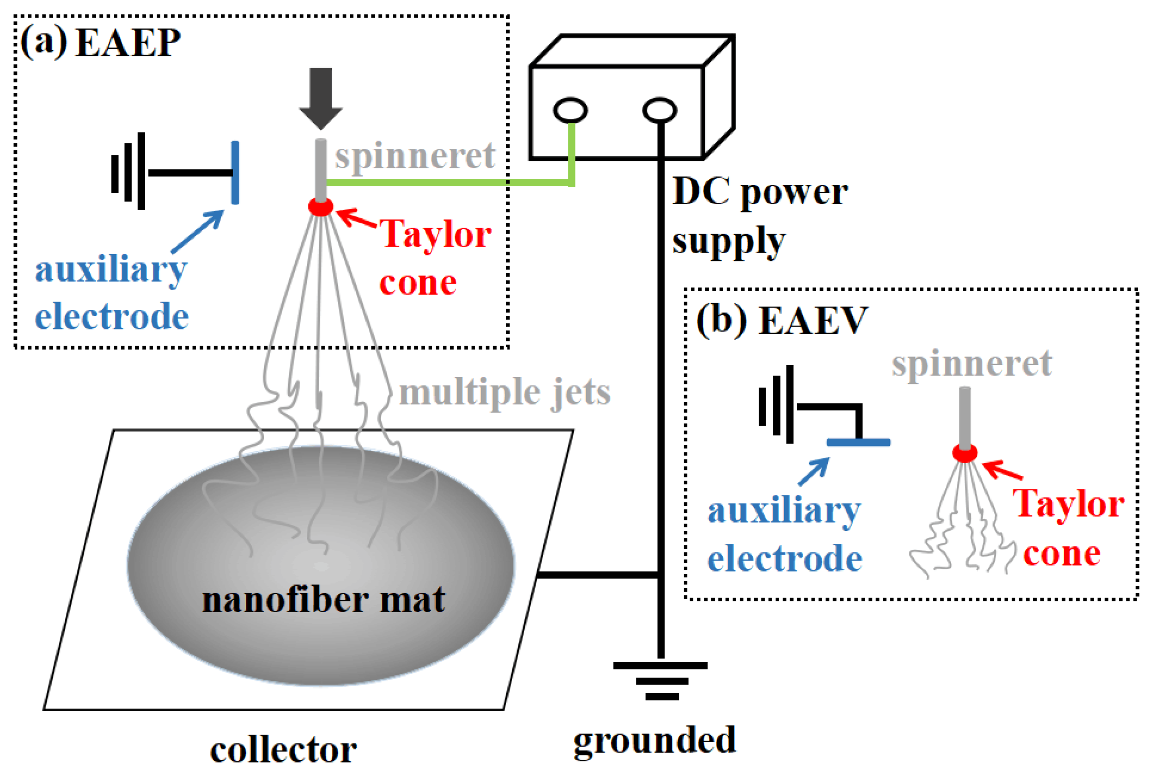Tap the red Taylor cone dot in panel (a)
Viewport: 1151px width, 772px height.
pyautogui.click(x=320, y=206)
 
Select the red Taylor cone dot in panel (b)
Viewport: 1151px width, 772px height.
pyautogui.click(x=964, y=453)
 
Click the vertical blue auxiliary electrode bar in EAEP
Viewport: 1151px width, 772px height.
pyautogui.click(x=235, y=172)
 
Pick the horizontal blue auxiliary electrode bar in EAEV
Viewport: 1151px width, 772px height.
pyautogui.click(x=858, y=442)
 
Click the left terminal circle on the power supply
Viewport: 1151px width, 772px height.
pyautogui.click(x=570, y=110)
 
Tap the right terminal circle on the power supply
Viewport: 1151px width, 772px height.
pyautogui.click(x=659, y=110)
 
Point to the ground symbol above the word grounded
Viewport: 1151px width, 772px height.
pyautogui.click(x=660, y=680)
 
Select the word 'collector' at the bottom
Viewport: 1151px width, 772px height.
pyautogui.click(x=283, y=750)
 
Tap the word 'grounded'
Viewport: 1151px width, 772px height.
pyautogui.click(x=654, y=740)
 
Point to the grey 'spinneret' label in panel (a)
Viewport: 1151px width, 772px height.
pyautogui.click(x=414, y=156)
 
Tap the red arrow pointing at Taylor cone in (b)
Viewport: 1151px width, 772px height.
pyautogui.click(x=1002, y=470)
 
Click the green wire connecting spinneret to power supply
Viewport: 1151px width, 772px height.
pyautogui.click(x=449, y=183)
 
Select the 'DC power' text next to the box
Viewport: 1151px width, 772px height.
pyautogui.click(x=759, y=192)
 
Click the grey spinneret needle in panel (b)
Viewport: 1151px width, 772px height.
pyautogui.click(x=964, y=417)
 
